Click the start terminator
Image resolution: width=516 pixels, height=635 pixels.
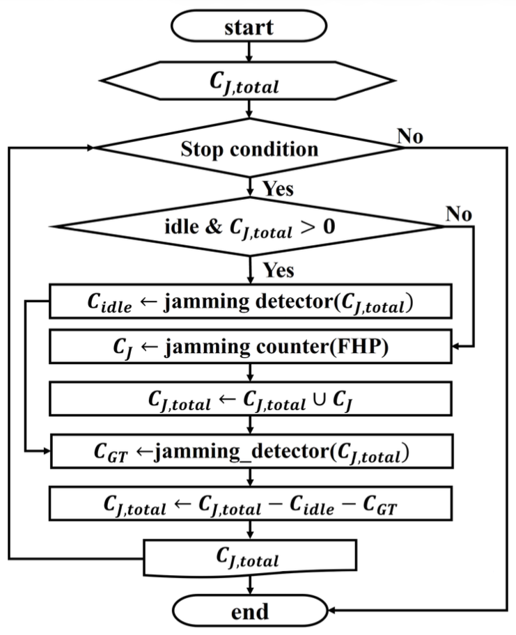tap(249, 28)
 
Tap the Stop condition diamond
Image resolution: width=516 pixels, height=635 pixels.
tap(249, 149)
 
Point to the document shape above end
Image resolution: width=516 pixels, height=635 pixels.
tap(249, 558)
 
